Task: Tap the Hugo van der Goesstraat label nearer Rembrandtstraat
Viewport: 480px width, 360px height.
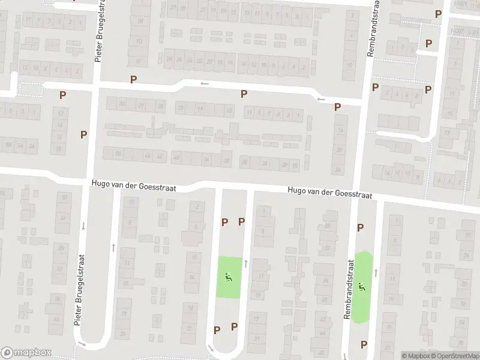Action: (x=330, y=193)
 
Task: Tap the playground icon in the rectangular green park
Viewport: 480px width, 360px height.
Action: (x=228, y=278)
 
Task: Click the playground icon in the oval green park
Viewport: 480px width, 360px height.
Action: (x=362, y=287)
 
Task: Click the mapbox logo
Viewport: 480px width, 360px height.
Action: (x=26, y=353)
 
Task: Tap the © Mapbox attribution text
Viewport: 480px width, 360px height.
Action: (x=415, y=356)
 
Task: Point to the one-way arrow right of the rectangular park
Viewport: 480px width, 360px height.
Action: (x=246, y=263)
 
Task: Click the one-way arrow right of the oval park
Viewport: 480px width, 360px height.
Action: (x=376, y=273)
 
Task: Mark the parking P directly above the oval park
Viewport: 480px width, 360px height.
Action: (x=361, y=227)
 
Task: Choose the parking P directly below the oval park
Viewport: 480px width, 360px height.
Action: (x=363, y=344)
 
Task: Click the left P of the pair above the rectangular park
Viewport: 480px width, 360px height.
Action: (x=224, y=222)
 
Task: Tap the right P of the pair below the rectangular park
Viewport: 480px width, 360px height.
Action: (x=234, y=327)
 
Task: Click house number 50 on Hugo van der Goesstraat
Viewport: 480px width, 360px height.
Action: (x=119, y=155)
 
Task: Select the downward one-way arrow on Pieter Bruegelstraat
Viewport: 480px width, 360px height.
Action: (x=84, y=226)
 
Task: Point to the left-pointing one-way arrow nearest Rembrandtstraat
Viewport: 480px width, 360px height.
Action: (x=322, y=98)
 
